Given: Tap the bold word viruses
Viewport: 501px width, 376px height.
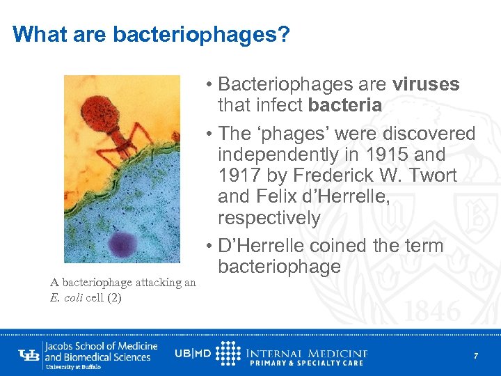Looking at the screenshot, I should point(426,85).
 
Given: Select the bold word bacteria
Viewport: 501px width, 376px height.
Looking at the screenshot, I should point(344,106).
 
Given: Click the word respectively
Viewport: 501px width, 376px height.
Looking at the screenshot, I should point(269,218).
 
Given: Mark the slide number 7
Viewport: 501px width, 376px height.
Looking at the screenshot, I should point(476,356).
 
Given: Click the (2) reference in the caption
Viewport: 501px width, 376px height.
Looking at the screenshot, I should point(113,295).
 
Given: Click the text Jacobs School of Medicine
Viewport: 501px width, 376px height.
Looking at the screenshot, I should point(101,346).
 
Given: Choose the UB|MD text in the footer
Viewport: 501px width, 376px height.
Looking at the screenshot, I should point(193,354).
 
